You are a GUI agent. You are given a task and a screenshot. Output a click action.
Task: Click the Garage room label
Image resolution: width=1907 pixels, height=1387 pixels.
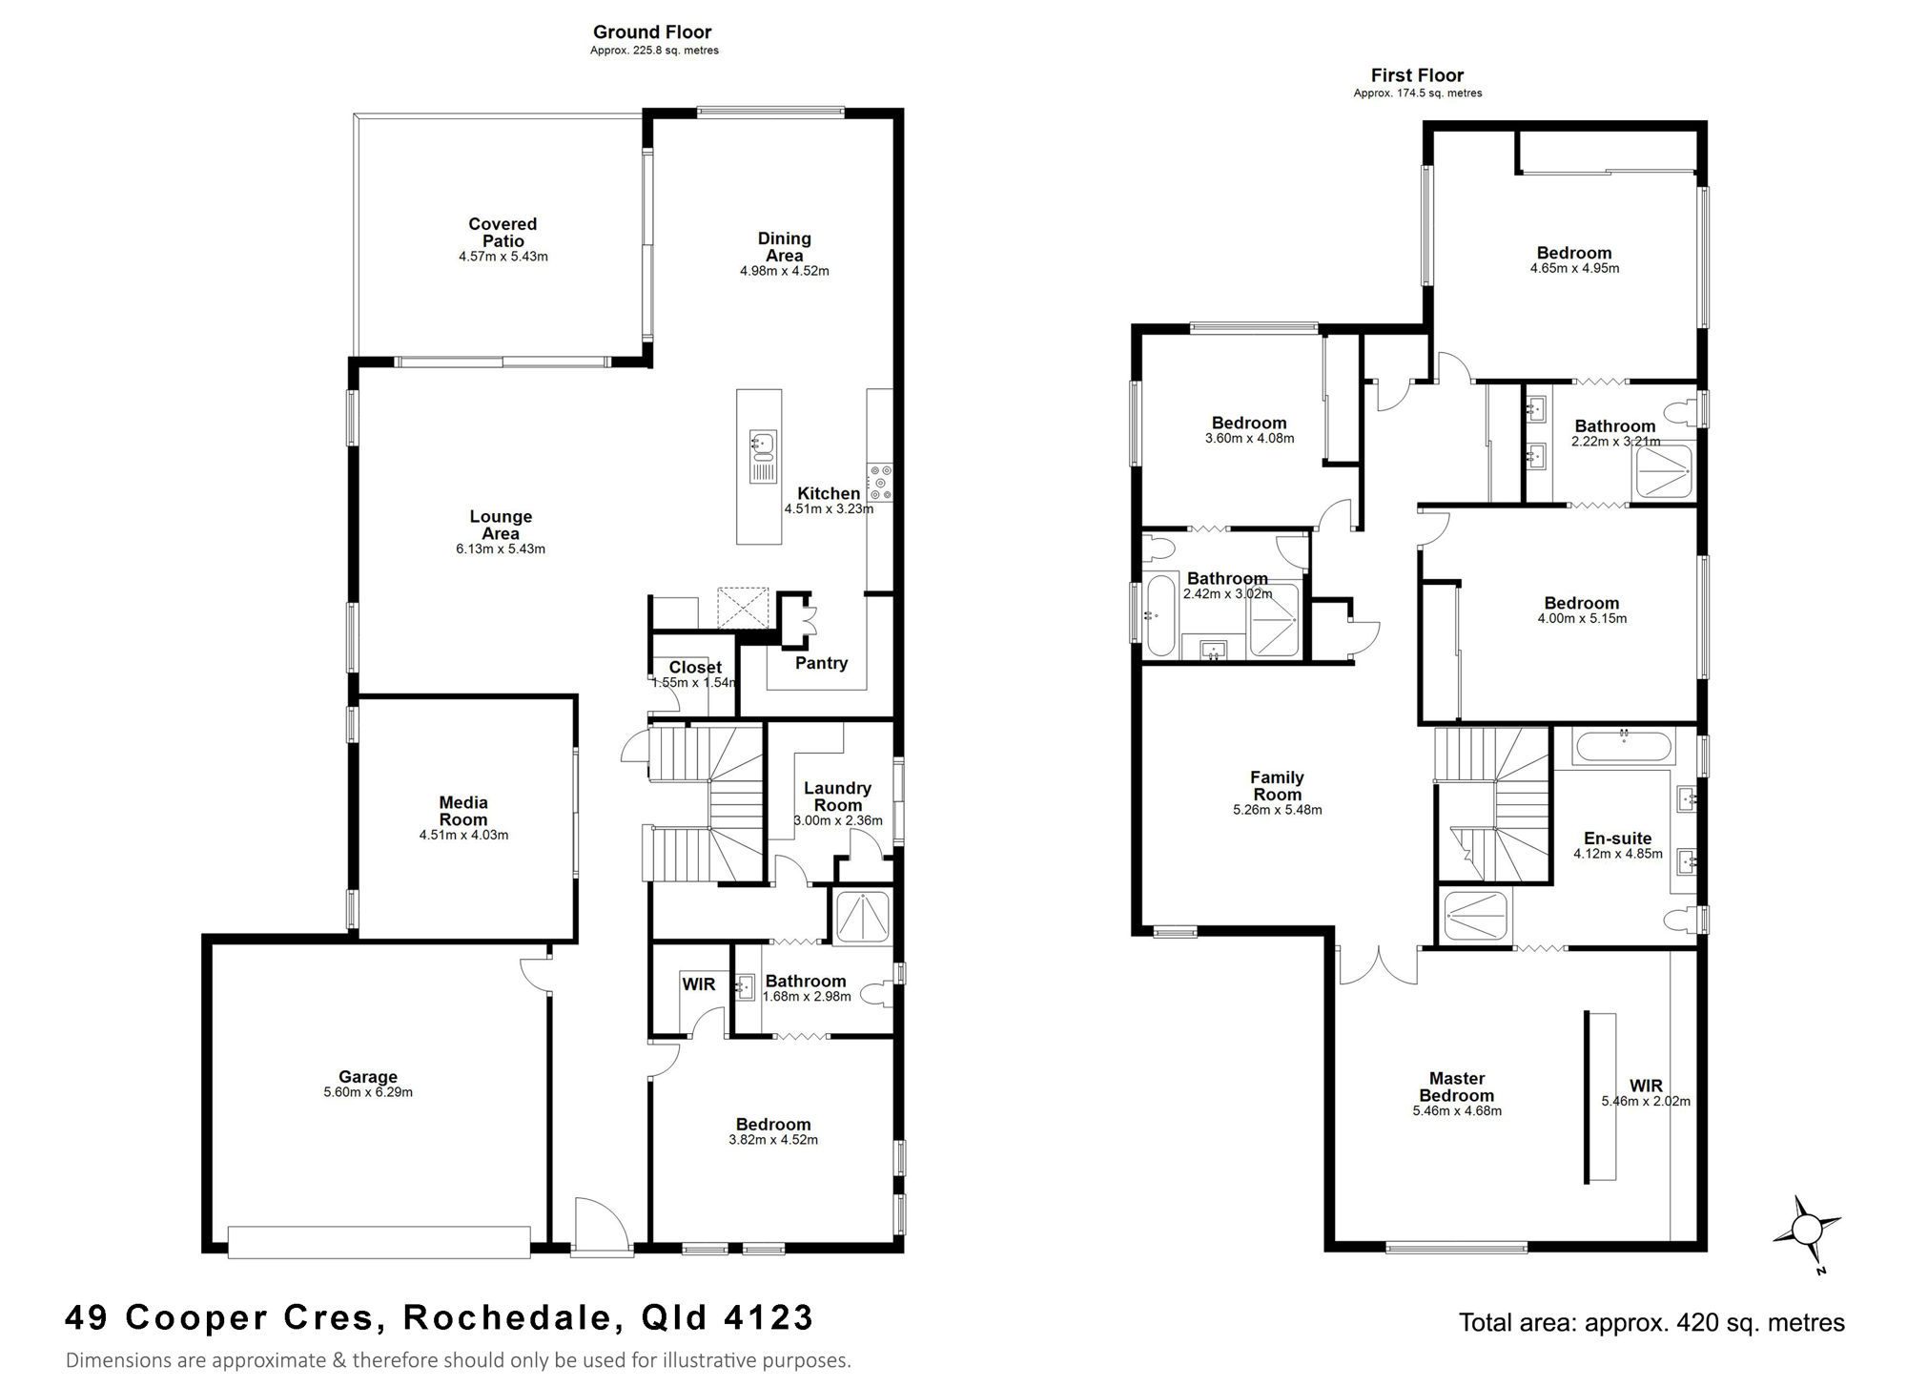pos(368,1077)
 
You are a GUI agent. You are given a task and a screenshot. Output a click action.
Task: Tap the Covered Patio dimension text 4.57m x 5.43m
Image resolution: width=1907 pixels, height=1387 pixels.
pos(503,257)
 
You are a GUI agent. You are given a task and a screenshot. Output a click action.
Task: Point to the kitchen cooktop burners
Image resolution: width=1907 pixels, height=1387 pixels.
pos(879,482)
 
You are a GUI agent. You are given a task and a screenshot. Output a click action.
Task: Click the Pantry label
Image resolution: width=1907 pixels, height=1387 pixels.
pos(821,663)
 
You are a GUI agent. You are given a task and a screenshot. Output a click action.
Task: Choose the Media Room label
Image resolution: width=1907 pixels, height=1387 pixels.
pos(463,811)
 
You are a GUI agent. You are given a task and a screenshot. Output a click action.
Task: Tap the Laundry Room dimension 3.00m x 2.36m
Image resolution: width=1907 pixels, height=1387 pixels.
pos(838,820)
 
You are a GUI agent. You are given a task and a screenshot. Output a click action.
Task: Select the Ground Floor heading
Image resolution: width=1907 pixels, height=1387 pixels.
pos(652,32)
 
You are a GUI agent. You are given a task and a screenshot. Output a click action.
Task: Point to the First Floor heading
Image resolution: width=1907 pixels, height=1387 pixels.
pos(1417,75)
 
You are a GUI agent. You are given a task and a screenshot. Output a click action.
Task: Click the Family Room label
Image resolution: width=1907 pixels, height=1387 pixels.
pos(1277,786)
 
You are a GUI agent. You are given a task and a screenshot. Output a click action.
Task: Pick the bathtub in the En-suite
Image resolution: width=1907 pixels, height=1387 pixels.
pos(1625,745)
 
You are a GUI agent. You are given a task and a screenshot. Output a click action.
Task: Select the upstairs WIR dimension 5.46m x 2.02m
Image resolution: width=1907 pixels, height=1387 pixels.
pos(1646,1101)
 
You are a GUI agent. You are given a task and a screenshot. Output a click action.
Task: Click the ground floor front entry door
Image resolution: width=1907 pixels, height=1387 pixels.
pos(601,1229)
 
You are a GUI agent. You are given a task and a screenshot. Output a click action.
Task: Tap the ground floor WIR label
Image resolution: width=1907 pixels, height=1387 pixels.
pos(699,984)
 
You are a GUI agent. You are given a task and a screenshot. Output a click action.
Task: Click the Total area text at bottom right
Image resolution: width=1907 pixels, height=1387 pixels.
pos(1651,1323)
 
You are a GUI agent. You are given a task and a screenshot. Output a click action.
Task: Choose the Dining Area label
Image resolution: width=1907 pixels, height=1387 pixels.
pos(785,247)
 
